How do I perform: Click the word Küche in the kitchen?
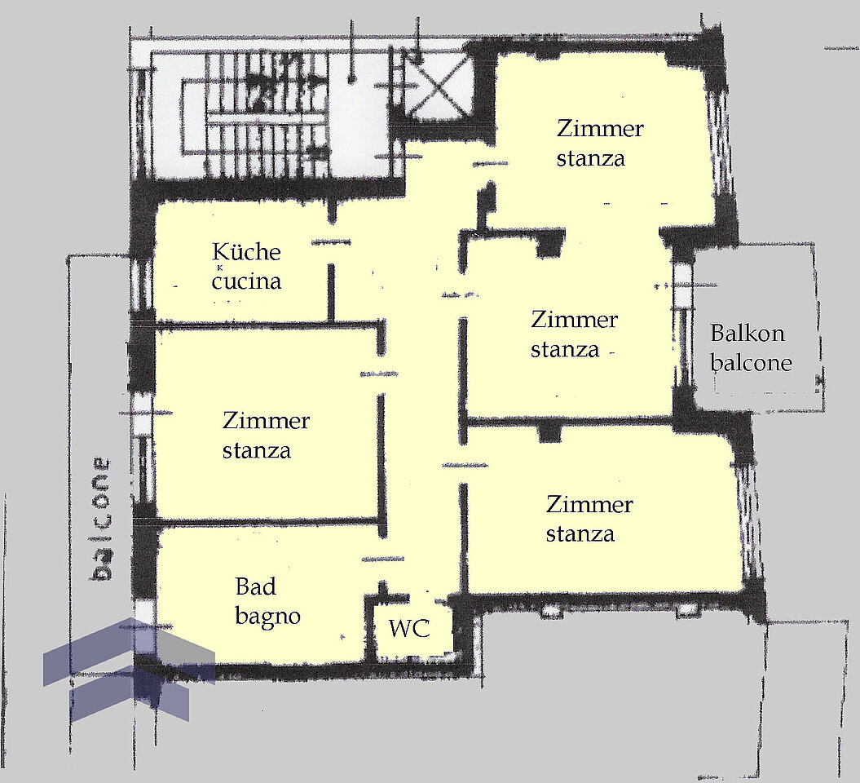pyautogui.click(x=246, y=252)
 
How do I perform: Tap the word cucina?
pyautogui.click(x=247, y=281)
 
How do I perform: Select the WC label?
pyautogui.click(x=409, y=628)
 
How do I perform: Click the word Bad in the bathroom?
pyautogui.click(x=256, y=587)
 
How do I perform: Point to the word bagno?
pyautogui.click(x=267, y=617)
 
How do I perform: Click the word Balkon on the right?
pyautogui.click(x=747, y=334)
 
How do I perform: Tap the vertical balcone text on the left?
pyautogui.click(x=99, y=519)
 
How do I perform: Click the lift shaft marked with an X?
pyautogui.click(x=437, y=86)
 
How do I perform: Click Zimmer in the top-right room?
pyautogui.click(x=600, y=130)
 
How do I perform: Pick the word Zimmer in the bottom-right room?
pyautogui.click(x=589, y=505)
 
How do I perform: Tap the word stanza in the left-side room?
pyautogui.click(x=256, y=451)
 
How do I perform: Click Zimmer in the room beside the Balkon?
pyautogui.click(x=574, y=321)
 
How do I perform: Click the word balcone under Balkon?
pyautogui.click(x=751, y=363)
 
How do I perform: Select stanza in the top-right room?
pyautogui.click(x=591, y=159)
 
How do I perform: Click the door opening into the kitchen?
pyautogui.click(x=331, y=242)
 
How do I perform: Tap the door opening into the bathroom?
pyautogui.click(x=383, y=560)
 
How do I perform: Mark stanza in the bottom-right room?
pyautogui.click(x=580, y=534)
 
